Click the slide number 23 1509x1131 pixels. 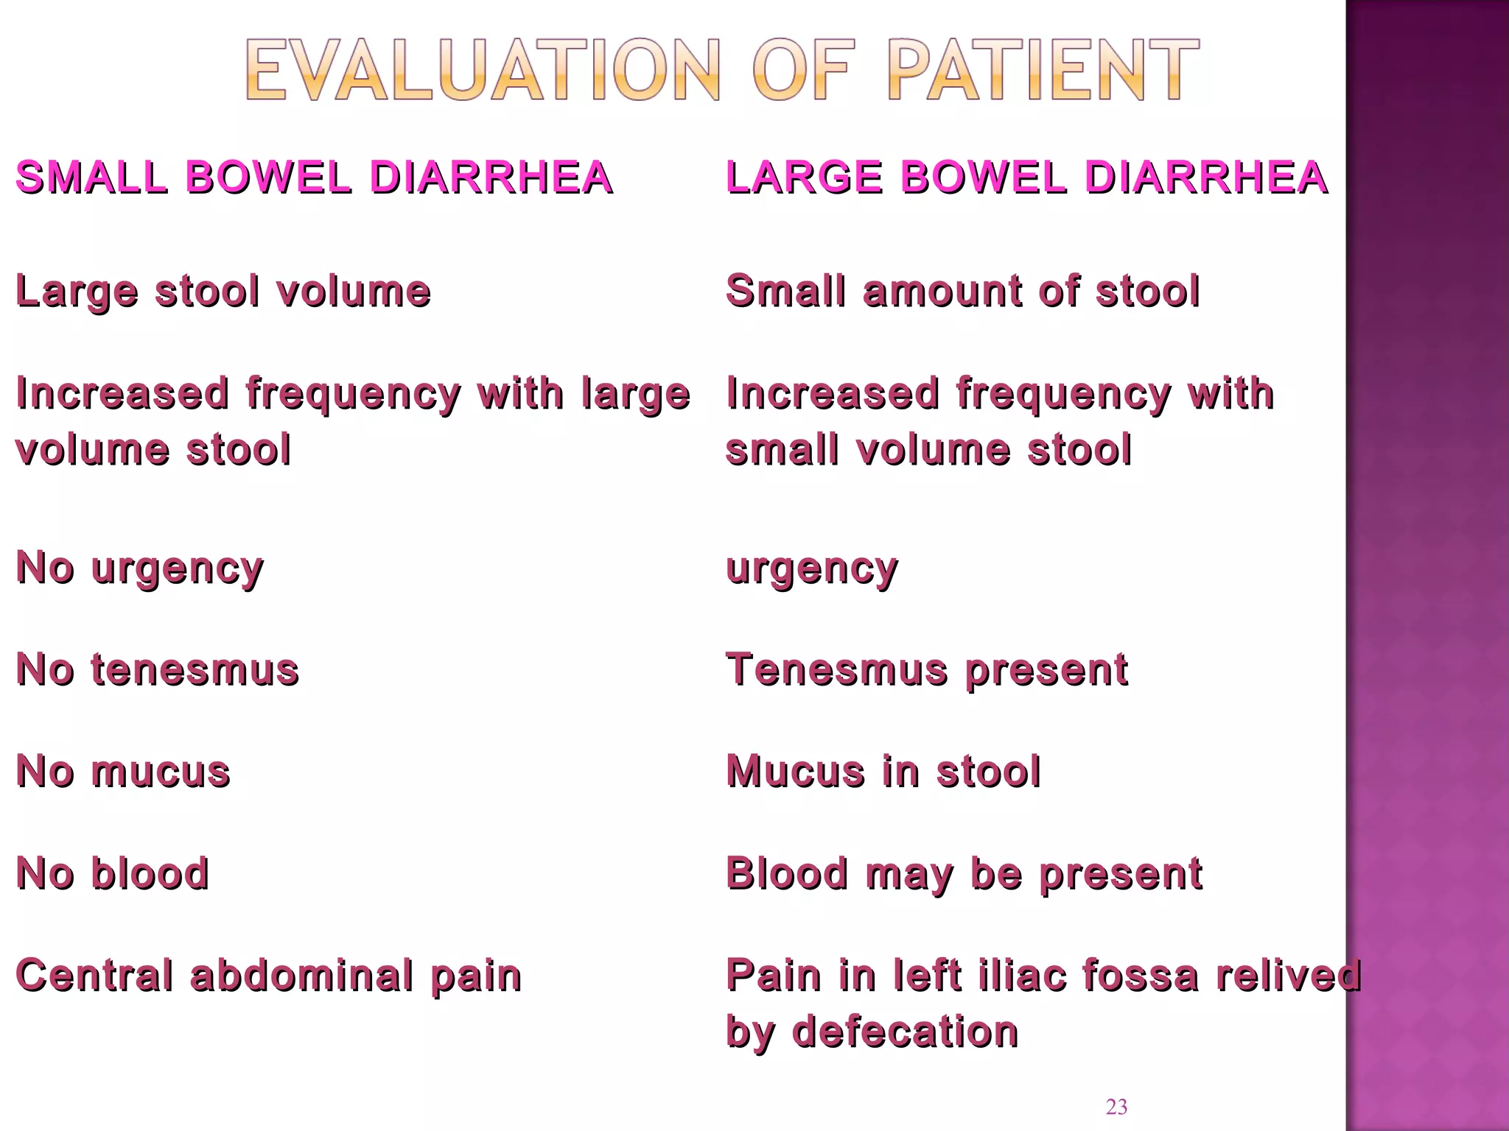(1116, 1107)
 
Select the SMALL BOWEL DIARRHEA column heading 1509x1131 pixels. (314, 177)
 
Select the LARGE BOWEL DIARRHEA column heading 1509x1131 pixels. (1026, 177)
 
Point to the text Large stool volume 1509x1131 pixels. (223, 291)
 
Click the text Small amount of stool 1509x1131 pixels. (963, 291)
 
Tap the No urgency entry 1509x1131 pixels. (140, 568)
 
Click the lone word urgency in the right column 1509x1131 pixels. (812, 568)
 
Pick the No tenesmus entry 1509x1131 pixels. (158, 670)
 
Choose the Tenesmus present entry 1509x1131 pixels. (927, 670)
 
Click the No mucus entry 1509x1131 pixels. (123, 772)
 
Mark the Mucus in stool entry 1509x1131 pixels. (883, 772)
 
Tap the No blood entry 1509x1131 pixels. (113, 874)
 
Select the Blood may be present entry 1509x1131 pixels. (964, 874)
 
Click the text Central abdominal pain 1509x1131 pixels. (269, 976)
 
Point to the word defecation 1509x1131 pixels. (905, 1032)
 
